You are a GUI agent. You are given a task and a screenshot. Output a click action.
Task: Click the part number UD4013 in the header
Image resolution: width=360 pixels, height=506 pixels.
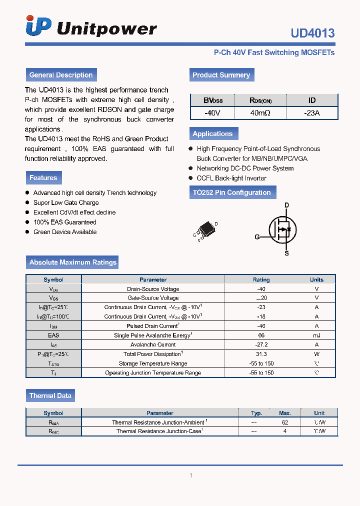(312, 33)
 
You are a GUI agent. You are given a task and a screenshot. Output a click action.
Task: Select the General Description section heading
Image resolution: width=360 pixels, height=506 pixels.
(61, 75)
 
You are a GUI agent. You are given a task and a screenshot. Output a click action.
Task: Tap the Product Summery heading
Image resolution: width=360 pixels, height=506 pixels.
(221, 75)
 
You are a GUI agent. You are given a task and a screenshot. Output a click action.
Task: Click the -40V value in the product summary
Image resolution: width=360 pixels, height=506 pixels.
(212, 113)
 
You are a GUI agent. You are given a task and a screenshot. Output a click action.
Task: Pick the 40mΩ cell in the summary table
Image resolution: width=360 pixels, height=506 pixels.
(260, 113)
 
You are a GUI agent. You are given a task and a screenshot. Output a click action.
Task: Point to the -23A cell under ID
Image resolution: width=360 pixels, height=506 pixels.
(311, 113)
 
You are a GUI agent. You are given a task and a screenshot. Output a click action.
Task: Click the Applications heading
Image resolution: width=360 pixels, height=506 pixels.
(213, 133)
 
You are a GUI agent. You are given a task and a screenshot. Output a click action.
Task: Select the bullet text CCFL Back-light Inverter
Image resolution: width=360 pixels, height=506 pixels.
(231, 178)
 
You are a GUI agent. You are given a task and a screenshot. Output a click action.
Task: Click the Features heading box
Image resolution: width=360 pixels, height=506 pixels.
(43, 177)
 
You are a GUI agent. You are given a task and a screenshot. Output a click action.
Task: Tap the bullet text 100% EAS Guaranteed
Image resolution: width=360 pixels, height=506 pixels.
(65, 222)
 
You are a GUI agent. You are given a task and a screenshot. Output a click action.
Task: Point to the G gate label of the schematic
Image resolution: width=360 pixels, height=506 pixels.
(257, 237)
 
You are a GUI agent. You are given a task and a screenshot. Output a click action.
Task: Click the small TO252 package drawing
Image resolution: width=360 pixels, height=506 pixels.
(204, 231)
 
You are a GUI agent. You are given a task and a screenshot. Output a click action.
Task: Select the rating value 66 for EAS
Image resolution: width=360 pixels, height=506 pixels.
(261, 335)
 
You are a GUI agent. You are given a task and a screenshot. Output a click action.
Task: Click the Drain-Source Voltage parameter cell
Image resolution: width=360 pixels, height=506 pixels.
(153, 289)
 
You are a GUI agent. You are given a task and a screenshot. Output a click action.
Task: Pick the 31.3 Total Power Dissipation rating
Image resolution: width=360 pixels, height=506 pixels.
(261, 354)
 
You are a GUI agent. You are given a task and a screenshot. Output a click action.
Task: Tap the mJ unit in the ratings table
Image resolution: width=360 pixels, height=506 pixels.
(316, 335)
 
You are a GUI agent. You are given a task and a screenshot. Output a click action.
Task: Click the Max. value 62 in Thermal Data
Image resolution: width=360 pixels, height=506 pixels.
(284, 422)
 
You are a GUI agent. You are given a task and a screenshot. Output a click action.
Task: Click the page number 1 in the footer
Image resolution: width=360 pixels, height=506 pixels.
(191, 475)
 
